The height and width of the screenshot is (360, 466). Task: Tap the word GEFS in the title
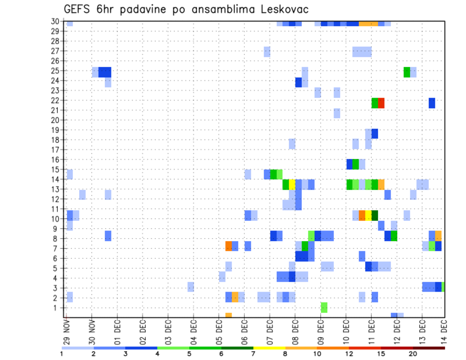[x=76, y=9]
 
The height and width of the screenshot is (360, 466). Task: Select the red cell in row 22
[x=381, y=103]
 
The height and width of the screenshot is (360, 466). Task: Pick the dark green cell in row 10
[x=375, y=215]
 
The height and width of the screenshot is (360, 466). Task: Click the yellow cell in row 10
[x=368, y=215]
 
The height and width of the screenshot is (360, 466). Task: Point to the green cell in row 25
[x=407, y=72]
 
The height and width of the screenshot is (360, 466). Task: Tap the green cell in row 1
[x=324, y=307]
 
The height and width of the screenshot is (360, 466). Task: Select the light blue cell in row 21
[x=337, y=113]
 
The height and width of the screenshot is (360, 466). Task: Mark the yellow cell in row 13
[x=292, y=184]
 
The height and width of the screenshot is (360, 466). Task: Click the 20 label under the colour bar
[x=413, y=354]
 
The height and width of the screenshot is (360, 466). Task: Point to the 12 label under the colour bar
[x=349, y=354]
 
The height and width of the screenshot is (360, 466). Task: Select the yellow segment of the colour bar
[x=269, y=347]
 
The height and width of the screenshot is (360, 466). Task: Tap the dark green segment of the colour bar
[x=237, y=347]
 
